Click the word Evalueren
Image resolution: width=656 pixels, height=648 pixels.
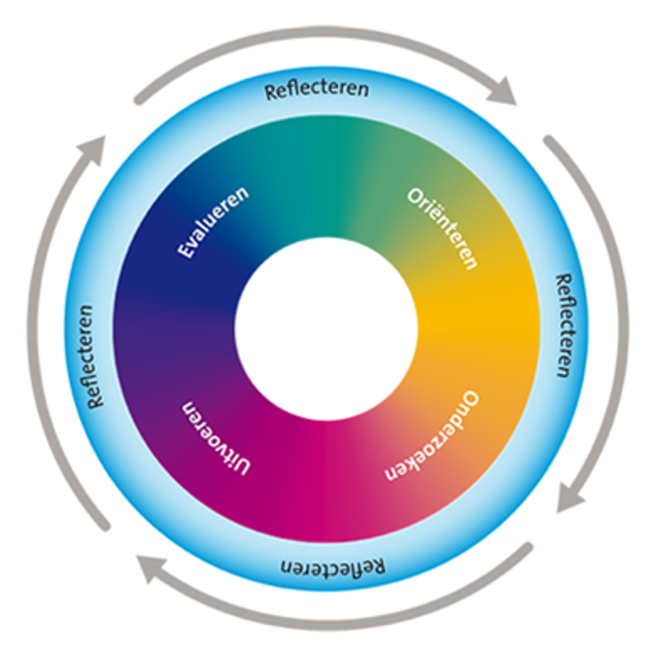point(214,222)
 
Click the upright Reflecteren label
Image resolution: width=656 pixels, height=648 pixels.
point(316,89)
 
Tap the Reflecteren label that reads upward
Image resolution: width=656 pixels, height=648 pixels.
point(92,356)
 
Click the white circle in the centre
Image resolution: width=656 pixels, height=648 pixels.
point(327,328)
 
